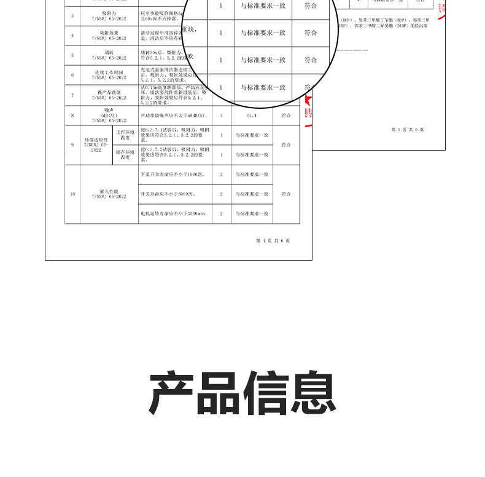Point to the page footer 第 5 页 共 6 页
[408, 129]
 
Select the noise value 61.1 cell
[251, 115]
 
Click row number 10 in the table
[72, 194]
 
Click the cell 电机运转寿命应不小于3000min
[175, 213]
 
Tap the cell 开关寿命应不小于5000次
[167, 194]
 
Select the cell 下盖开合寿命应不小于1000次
[171, 175]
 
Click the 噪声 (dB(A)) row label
[109, 115]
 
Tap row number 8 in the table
[72, 115]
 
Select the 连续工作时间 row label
[109, 75]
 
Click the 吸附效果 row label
[109, 34]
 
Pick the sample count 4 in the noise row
[221, 115]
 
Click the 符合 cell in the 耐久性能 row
[286, 194]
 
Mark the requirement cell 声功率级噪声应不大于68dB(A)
[174, 115]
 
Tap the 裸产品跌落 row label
[109, 95]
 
